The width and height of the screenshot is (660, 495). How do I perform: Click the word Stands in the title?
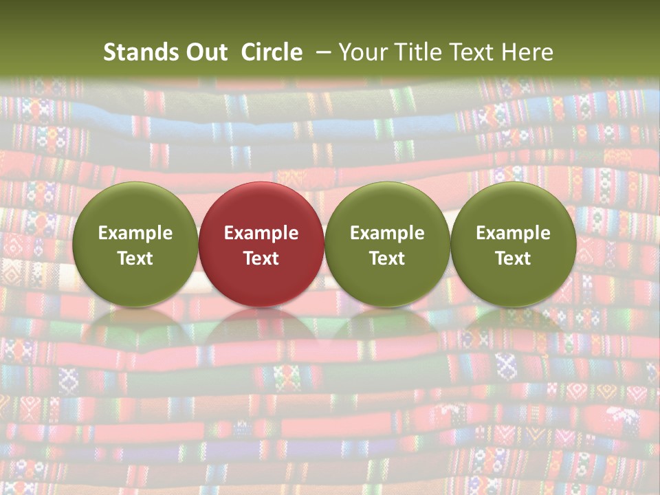click(137, 52)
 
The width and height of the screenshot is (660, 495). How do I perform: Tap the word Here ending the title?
click(527, 52)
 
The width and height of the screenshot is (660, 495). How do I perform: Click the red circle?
click(261, 206)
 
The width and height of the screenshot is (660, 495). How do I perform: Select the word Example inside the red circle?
click(261, 233)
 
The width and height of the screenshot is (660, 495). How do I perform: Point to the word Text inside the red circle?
click(261, 258)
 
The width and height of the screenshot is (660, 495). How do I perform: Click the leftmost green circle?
click(135, 206)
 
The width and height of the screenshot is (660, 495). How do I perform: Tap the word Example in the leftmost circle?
click(135, 233)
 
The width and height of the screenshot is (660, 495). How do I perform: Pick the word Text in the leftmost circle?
click(135, 258)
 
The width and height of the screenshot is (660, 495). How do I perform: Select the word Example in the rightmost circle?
click(514, 233)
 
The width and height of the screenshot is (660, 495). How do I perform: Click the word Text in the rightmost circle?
click(514, 258)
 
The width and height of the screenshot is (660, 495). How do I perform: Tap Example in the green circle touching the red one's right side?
click(387, 233)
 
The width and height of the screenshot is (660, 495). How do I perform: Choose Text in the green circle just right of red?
click(387, 258)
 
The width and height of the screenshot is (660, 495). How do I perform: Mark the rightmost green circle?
click(514, 206)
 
